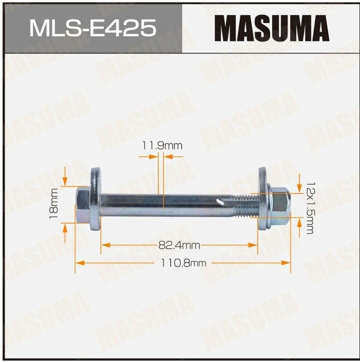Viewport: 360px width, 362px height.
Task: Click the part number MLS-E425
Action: pos(93,28)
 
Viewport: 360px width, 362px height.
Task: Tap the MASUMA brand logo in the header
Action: pos(271,28)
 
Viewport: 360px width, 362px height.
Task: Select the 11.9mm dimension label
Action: pos(162,146)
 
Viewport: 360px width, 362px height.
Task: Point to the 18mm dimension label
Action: pos(53,203)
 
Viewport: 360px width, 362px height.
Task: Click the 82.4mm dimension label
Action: pos(179,245)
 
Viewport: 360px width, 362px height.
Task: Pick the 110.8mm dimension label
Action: pos(183,263)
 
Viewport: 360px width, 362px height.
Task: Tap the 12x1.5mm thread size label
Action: pos(309,208)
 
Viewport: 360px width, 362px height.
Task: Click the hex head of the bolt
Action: pos(83,204)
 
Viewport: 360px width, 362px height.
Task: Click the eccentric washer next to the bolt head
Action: pos(95,199)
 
